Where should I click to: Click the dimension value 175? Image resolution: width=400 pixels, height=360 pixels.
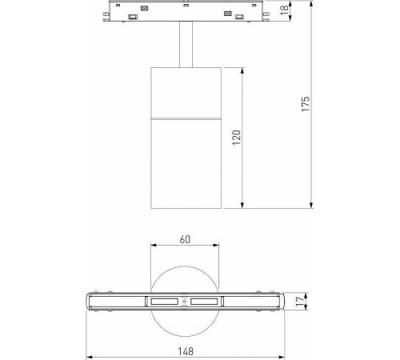[x=305, y=105]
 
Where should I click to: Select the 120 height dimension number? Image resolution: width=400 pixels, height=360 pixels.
[x=235, y=138]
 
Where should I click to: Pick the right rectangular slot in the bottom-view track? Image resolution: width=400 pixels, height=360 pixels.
[x=206, y=302]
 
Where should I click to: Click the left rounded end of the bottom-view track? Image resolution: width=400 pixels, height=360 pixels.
[x=90, y=302]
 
